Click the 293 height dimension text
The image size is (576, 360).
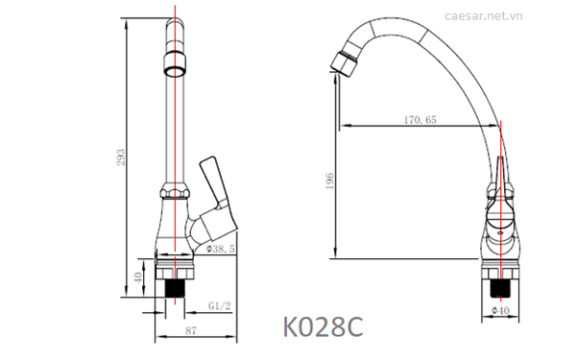point(121,156)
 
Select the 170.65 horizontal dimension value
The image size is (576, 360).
point(419,119)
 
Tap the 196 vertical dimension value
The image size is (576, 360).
point(328,182)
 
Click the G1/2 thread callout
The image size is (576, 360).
point(219,306)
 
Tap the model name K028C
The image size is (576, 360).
point(323,327)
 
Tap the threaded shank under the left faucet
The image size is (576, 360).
point(175,284)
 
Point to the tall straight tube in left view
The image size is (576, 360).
point(175,125)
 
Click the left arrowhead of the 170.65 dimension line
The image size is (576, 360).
point(345,126)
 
